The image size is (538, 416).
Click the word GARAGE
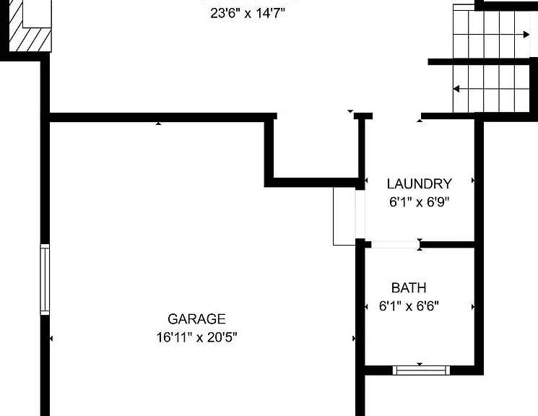pos(196,319)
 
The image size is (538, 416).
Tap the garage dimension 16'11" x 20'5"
pos(197,337)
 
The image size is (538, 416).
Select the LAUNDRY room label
pos(420,184)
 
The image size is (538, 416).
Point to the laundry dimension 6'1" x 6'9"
pos(420,201)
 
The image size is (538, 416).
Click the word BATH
pos(409,287)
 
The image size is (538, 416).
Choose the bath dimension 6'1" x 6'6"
pos(409,305)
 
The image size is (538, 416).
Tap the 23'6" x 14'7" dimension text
pos(248,14)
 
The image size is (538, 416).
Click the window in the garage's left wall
pos(45,279)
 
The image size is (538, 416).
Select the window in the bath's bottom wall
pos(421,370)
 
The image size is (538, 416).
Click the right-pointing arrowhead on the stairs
pos(526,35)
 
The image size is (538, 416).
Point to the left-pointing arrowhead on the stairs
pos(456,89)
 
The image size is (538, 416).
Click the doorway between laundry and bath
pos(395,245)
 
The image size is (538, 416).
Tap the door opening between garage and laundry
pos(360,214)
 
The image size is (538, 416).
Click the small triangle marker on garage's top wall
pos(158,123)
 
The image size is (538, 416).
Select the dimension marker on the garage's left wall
pos(51,339)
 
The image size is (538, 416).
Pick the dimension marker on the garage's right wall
pos(354,339)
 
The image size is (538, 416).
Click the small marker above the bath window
pos(420,364)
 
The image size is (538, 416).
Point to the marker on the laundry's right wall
pos(473,181)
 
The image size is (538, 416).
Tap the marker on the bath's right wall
pos(473,306)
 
